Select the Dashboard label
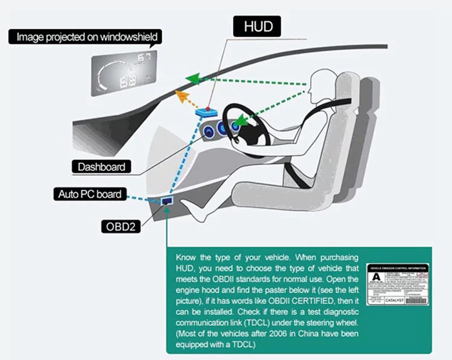pos(101,167)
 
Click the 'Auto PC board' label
pos(89,193)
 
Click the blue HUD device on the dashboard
pos(207,112)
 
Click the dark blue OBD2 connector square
pos(167,202)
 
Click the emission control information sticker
pos(398,288)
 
